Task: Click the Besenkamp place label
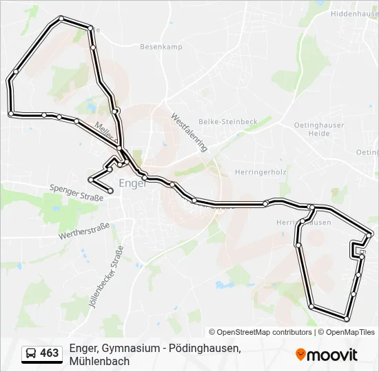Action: pyautogui.click(x=161, y=47)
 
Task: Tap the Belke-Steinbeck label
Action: pyautogui.click(x=227, y=121)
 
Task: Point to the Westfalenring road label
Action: pyautogui.click(x=189, y=132)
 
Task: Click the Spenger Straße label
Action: pyautogui.click(x=76, y=192)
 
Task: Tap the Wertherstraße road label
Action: pyautogui.click(x=84, y=229)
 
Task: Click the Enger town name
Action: pyautogui.click(x=133, y=184)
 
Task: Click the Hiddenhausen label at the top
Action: pyautogui.click(x=354, y=13)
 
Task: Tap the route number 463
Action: pyautogui.click(x=50, y=353)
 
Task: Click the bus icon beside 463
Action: pyautogui.click(x=31, y=353)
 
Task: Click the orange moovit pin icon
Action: pyautogui.click(x=300, y=354)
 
